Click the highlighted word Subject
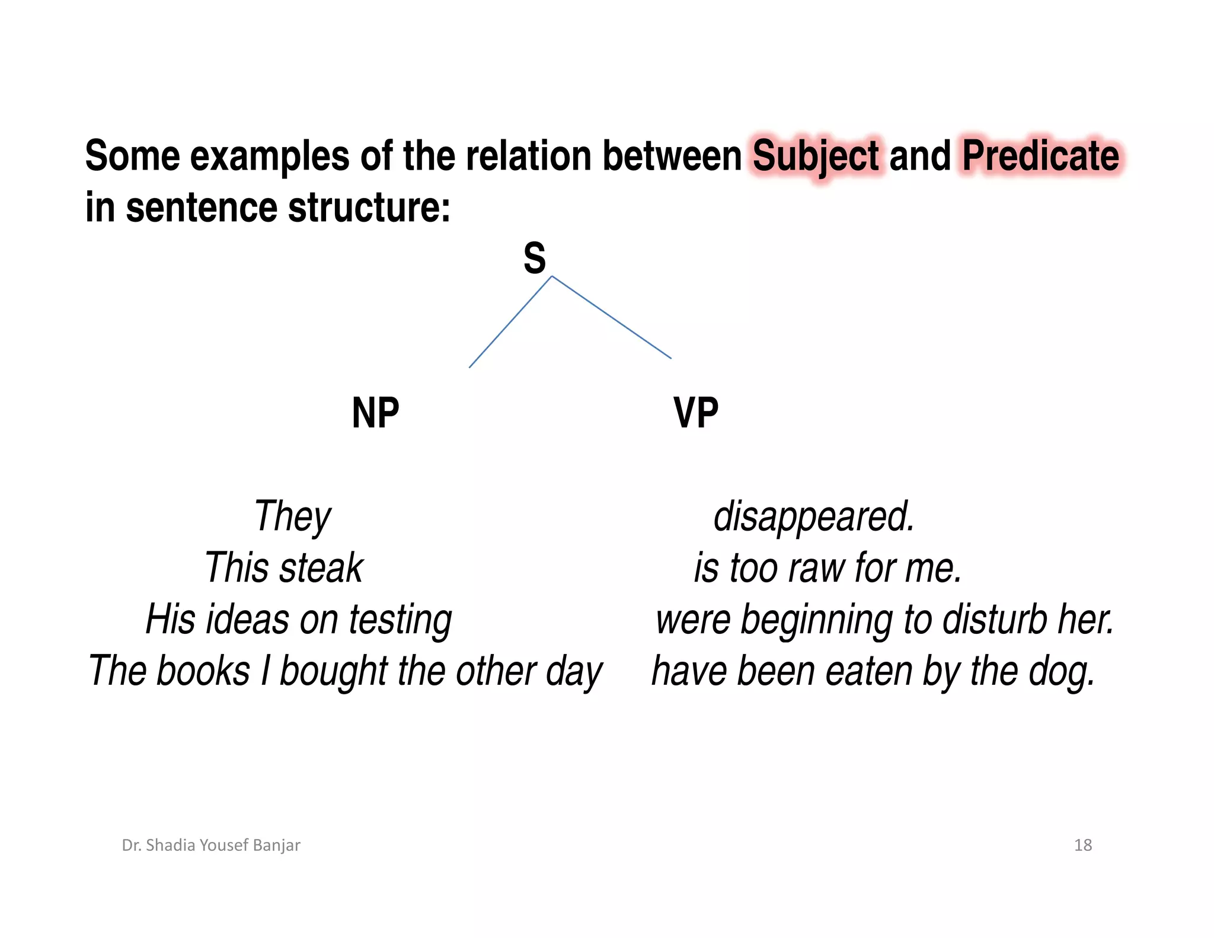coord(816,157)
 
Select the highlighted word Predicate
coord(1040,157)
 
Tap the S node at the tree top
coord(534,259)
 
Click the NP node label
coord(375,413)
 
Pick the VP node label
coord(696,413)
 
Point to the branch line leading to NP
coord(510,322)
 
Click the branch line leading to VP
coord(611,317)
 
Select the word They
coord(292,516)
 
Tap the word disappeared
coord(814,516)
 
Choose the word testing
coord(400,620)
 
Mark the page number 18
coord(1082,845)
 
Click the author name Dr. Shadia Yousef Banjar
coord(211,845)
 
